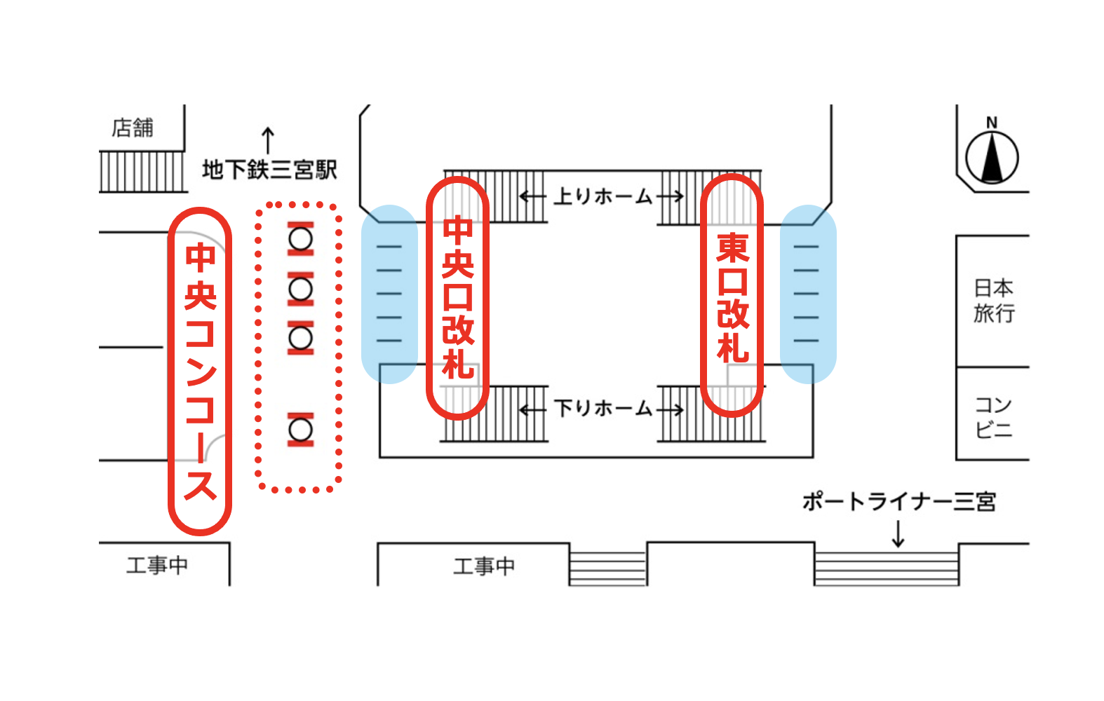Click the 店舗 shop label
133,128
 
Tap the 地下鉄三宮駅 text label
269,170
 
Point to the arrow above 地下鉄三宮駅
267,140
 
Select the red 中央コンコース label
200,372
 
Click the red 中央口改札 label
457,299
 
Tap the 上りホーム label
603,196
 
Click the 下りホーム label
603,408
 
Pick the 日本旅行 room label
993,300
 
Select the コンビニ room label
993,416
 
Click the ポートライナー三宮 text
898,502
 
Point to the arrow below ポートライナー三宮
898,535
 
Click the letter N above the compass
992,123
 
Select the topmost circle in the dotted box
301,239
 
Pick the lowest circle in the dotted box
301,429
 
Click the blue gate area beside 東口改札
808,294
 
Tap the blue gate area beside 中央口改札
389,294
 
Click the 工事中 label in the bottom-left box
157,565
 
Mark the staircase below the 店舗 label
142,172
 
